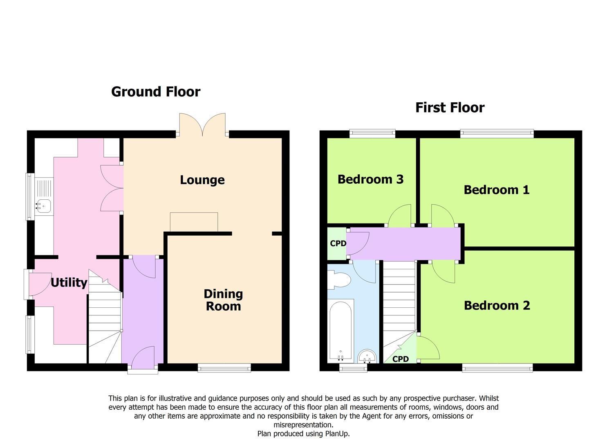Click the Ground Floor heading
[x=156, y=92]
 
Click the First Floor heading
[x=450, y=108]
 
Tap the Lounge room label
[x=202, y=180]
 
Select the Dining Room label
[x=223, y=300]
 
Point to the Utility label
[x=69, y=282]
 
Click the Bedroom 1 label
[x=497, y=189]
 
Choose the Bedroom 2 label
[x=497, y=305]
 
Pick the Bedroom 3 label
[x=370, y=179]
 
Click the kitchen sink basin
[x=43, y=207]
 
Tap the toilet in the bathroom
[x=339, y=280]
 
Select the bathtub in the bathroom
[x=340, y=331]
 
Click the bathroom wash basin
[x=367, y=356]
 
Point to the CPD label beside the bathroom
[x=338, y=244]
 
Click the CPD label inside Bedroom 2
[x=400, y=359]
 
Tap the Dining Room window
[x=224, y=368]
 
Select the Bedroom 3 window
[x=372, y=133]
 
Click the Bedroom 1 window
[x=497, y=133]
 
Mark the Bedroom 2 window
[x=497, y=368]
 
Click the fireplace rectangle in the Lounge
[x=194, y=222]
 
